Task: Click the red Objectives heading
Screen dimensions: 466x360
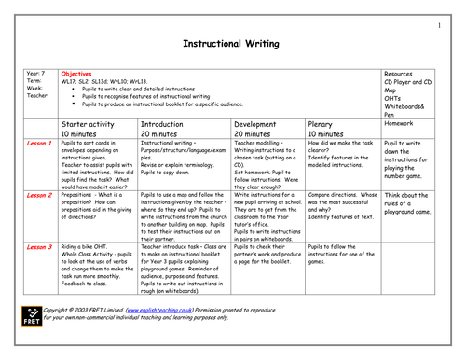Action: (76, 72)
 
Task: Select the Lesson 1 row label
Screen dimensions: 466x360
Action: (37, 143)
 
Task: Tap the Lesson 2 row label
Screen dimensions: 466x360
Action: (37, 195)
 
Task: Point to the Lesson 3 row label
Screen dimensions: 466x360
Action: (37, 246)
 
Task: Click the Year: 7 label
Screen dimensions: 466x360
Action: (34, 72)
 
